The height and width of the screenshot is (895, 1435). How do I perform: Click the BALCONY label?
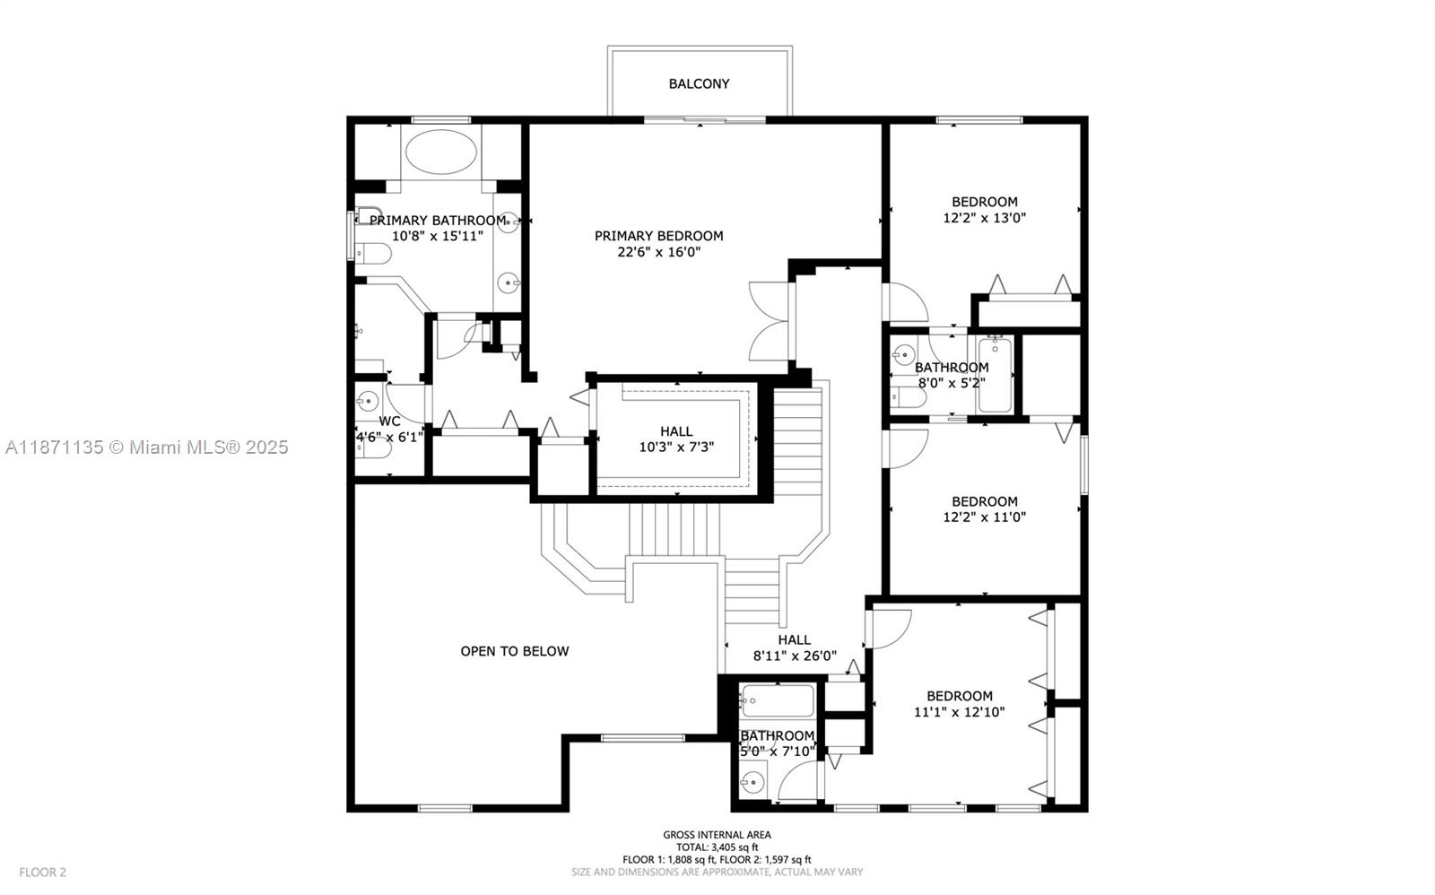point(699,83)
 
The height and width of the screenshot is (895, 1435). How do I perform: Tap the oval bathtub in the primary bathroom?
point(440,152)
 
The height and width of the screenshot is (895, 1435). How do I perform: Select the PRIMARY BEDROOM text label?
point(658,236)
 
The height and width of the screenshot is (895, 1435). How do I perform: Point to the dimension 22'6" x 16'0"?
point(658,252)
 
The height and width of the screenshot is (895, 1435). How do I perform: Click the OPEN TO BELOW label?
point(514,651)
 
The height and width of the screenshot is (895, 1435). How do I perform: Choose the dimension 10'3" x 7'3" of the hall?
point(676,447)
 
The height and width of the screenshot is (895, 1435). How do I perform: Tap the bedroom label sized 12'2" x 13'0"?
point(984,202)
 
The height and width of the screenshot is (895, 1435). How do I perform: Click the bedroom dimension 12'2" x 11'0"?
point(984,517)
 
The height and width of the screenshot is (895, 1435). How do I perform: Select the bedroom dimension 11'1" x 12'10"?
point(959,712)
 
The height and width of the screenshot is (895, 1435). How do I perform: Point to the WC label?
point(389,421)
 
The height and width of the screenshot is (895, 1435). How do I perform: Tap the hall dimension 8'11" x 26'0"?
point(794,656)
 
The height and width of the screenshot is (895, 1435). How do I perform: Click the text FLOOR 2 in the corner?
point(43,872)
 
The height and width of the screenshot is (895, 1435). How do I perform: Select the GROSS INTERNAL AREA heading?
point(717,835)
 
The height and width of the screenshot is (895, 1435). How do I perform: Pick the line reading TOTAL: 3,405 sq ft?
point(717,847)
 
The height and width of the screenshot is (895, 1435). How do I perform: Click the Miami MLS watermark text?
point(146,447)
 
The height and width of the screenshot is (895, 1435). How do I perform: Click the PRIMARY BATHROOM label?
point(437,221)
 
